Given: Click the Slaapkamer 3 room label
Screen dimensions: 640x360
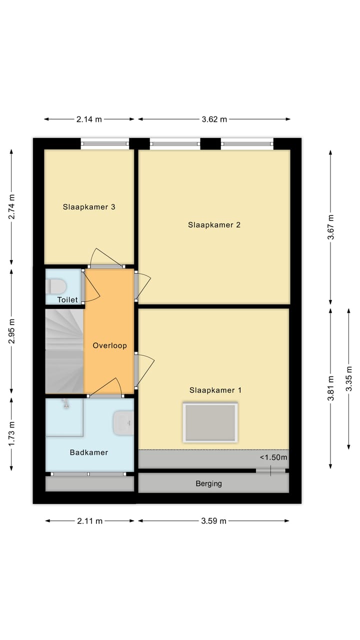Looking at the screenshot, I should click(x=89, y=206).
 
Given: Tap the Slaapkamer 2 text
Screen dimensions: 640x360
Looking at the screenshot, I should click(x=214, y=225).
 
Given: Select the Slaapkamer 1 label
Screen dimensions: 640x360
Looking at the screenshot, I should click(x=215, y=390).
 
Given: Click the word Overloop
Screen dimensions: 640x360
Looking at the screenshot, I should click(x=109, y=345).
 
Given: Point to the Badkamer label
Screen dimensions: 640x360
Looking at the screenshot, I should click(x=89, y=452).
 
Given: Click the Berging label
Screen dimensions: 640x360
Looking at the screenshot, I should click(x=208, y=483).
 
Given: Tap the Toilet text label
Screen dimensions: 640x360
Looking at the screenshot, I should click(x=67, y=300).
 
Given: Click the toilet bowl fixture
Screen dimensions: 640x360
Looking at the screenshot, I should click(x=56, y=286).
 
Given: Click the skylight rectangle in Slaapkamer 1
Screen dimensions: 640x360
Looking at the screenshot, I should click(x=210, y=422).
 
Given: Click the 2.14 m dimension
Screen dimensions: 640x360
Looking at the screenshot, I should click(x=89, y=119).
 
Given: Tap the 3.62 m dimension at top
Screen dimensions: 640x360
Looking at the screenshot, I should click(x=214, y=119).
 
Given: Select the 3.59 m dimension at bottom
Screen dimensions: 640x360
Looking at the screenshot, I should click(x=213, y=521).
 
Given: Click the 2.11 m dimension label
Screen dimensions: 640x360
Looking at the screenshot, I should click(x=89, y=521).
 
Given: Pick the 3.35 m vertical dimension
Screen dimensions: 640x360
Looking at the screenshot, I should click(x=349, y=379).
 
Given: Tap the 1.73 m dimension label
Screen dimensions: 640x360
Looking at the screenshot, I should click(x=11, y=434).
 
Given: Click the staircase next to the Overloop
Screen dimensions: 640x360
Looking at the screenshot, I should click(x=64, y=351).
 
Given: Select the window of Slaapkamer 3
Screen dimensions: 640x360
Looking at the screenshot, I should click(x=105, y=144).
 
